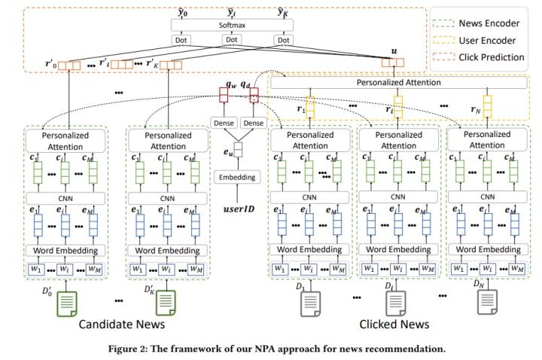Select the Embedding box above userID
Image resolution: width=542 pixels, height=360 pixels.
coord(237,177)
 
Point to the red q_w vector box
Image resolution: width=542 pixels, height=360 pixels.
coord(224,96)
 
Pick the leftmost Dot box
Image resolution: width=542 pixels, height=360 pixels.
coord(180,40)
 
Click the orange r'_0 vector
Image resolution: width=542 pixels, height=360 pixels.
coord(69,65)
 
